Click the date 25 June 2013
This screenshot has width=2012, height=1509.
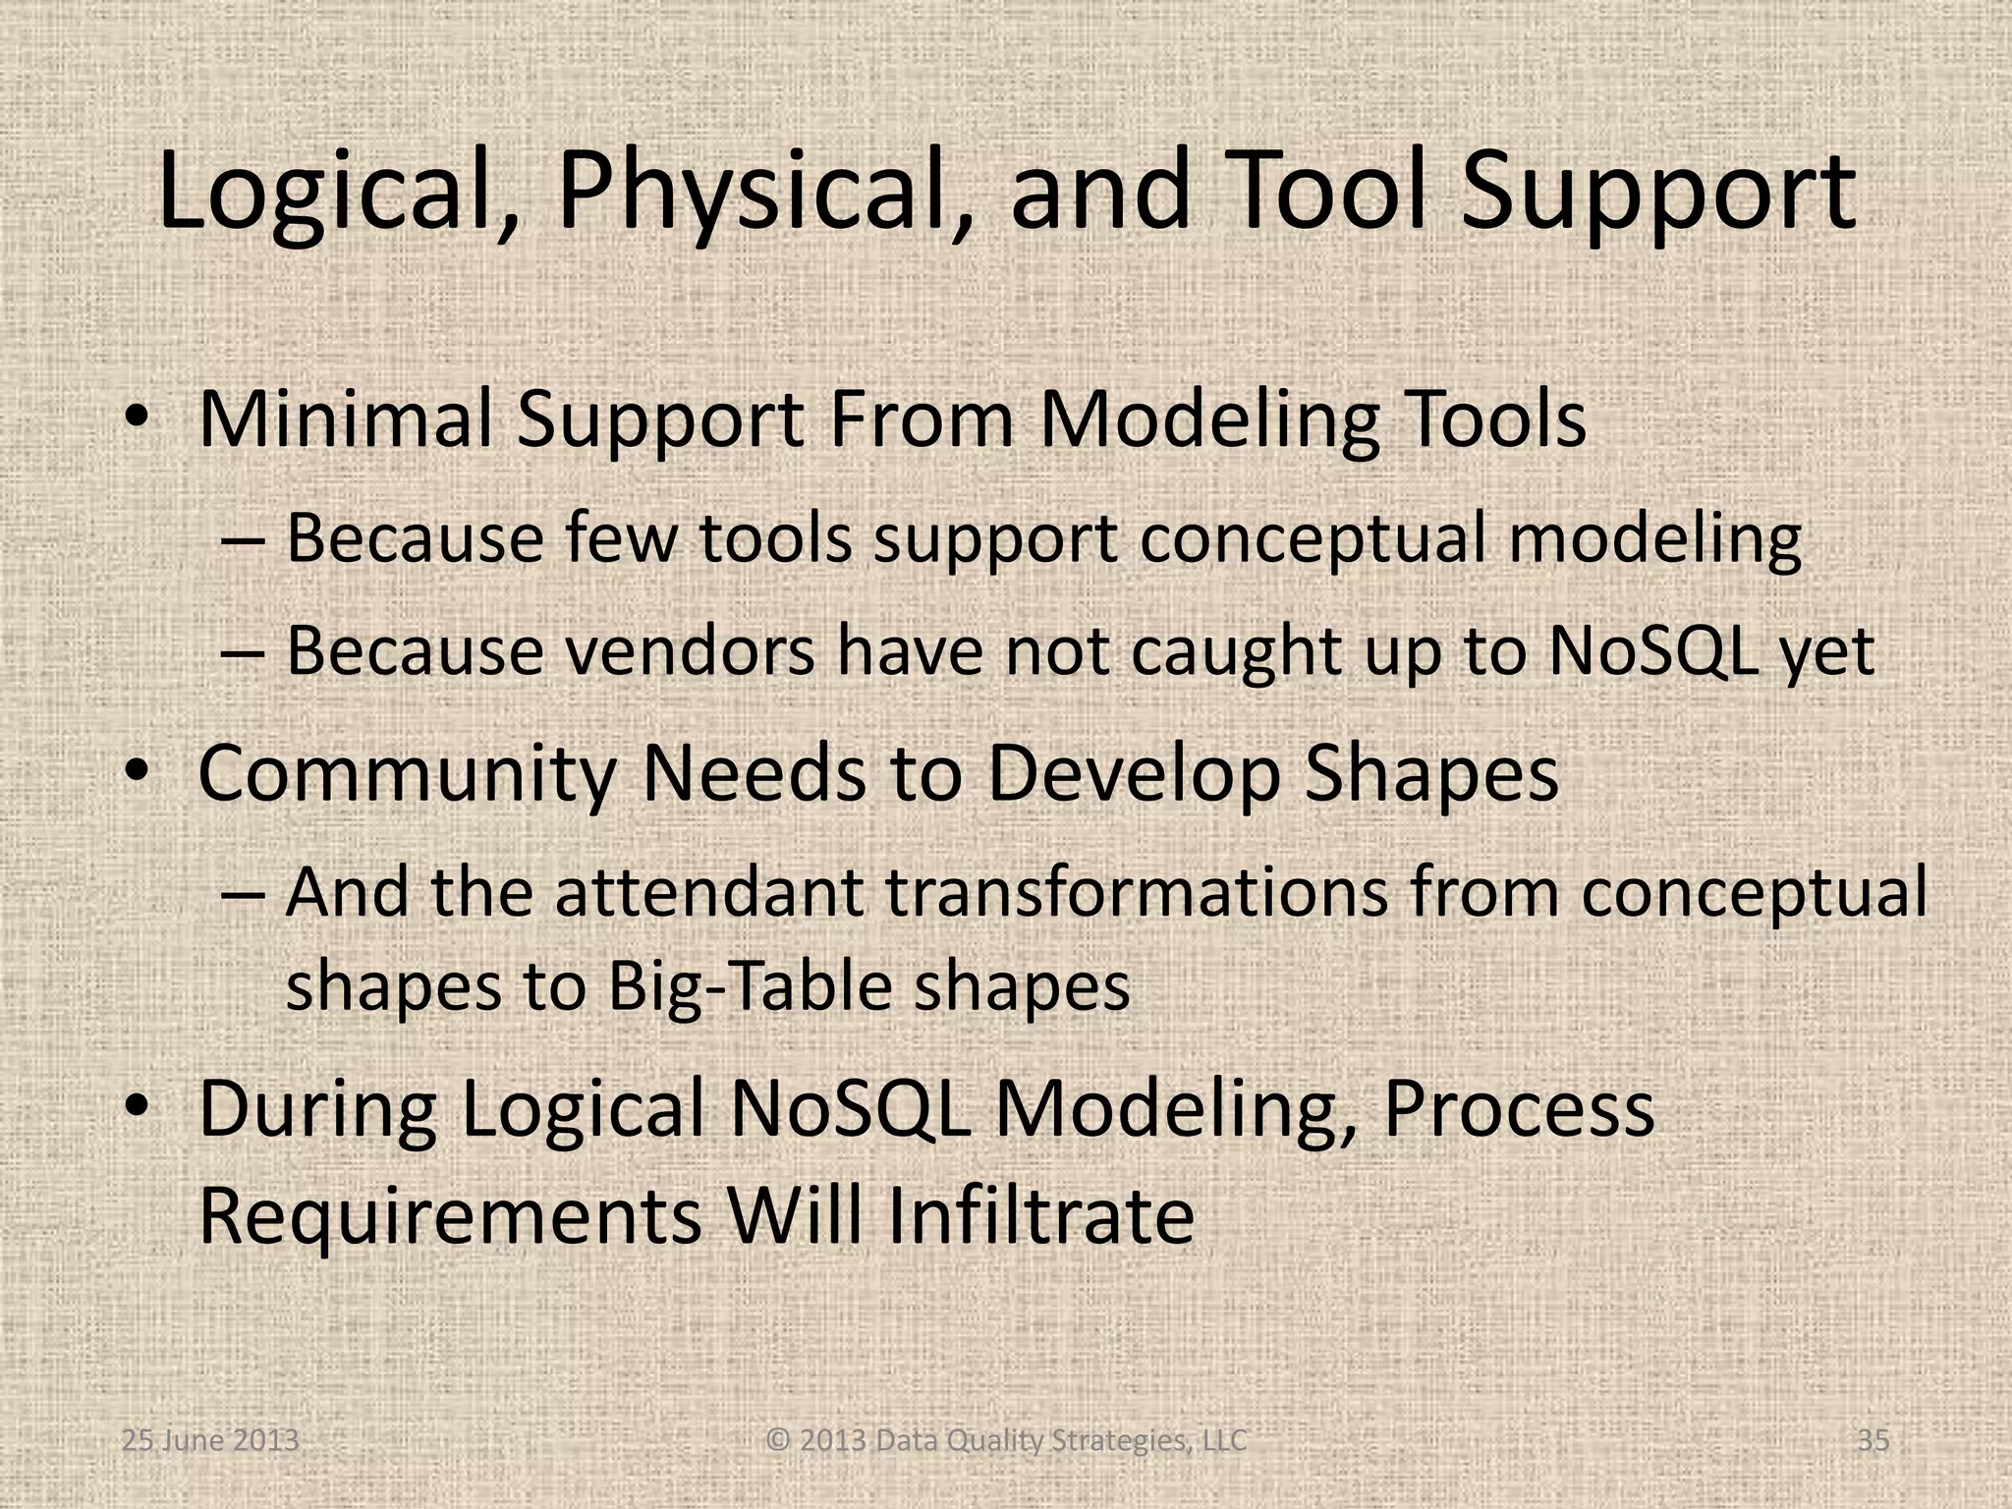point(209,1441)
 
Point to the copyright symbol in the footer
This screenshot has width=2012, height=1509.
point(777,1441)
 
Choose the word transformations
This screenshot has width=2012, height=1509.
point(1137,893)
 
